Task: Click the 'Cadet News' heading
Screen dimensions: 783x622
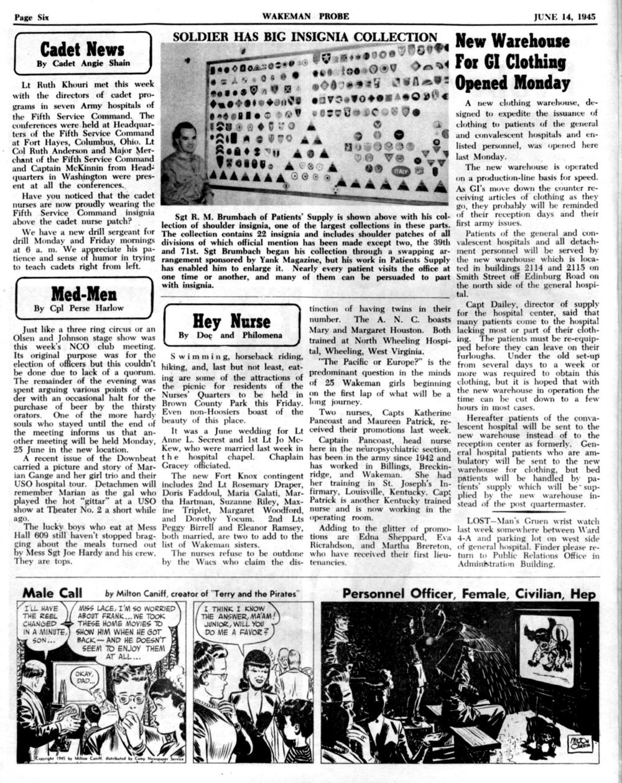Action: pyautogui.click(x=82, y=48)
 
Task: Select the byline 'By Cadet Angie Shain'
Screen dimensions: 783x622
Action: pyautogui.click(x=83, y=63)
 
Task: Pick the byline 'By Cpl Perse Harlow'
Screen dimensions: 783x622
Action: pyautogui.click(x=78, y=307)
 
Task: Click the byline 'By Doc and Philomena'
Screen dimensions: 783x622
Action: pyautogui.click(x=230, y=335)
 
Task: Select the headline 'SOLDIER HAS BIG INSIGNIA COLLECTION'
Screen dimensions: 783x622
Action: pyautogui.click(x=305, y=37)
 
